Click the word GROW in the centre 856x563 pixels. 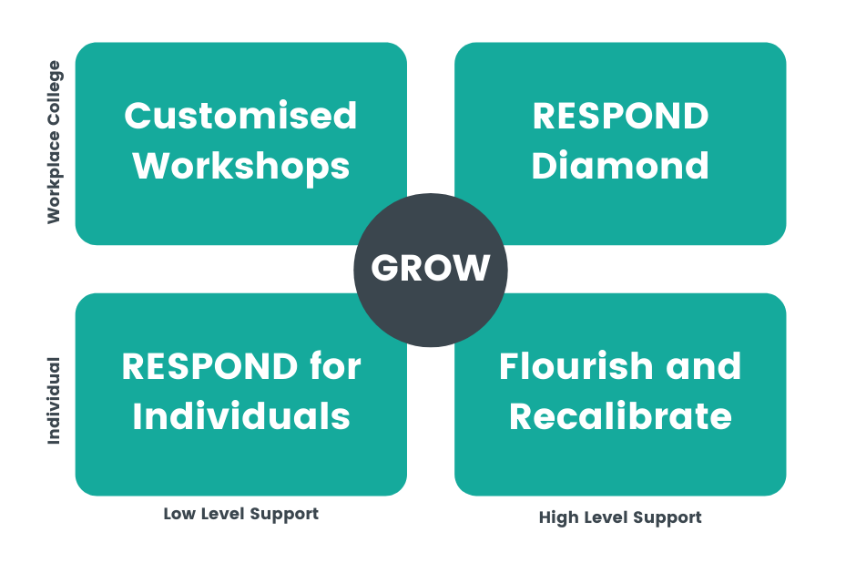430,268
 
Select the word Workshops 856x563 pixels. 240,167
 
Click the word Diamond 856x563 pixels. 620,165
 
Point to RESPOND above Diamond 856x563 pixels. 620,116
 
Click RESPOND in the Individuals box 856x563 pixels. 209,366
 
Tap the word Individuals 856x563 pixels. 240,415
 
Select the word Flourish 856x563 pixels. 576,365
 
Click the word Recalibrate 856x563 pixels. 620,415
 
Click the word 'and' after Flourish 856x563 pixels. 703,365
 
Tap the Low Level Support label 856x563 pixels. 240,515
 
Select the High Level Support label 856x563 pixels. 620,517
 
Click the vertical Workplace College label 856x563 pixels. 54,142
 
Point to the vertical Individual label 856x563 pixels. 54,401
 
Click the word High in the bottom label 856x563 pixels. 559,517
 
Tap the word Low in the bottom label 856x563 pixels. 179,514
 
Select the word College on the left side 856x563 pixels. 54,93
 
